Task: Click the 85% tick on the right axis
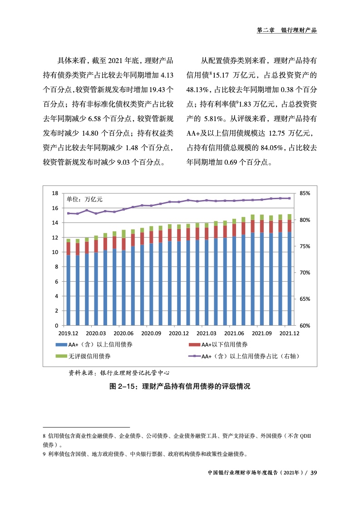coord(305,193)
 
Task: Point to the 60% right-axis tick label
coord(305,326)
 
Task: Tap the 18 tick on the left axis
coord(55,193)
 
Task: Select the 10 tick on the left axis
coord(55,252)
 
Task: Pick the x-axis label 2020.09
coord(151,333)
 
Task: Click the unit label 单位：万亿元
coord(85,199)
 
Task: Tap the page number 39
coord(313,473)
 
